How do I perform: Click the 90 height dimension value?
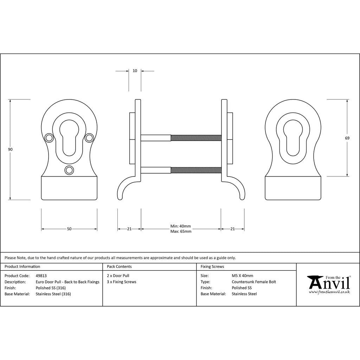[10, 149]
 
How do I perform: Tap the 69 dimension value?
[347, 138]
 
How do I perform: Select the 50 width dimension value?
[69, 229]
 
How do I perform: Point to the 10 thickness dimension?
[135, 71]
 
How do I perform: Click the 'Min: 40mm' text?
[180, 226]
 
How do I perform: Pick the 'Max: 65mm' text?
[181, 231]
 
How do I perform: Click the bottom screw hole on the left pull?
[69, 170]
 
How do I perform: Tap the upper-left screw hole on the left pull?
[49, 138]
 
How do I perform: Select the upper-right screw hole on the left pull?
[89, 138]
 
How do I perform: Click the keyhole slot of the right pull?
[293, 138]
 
